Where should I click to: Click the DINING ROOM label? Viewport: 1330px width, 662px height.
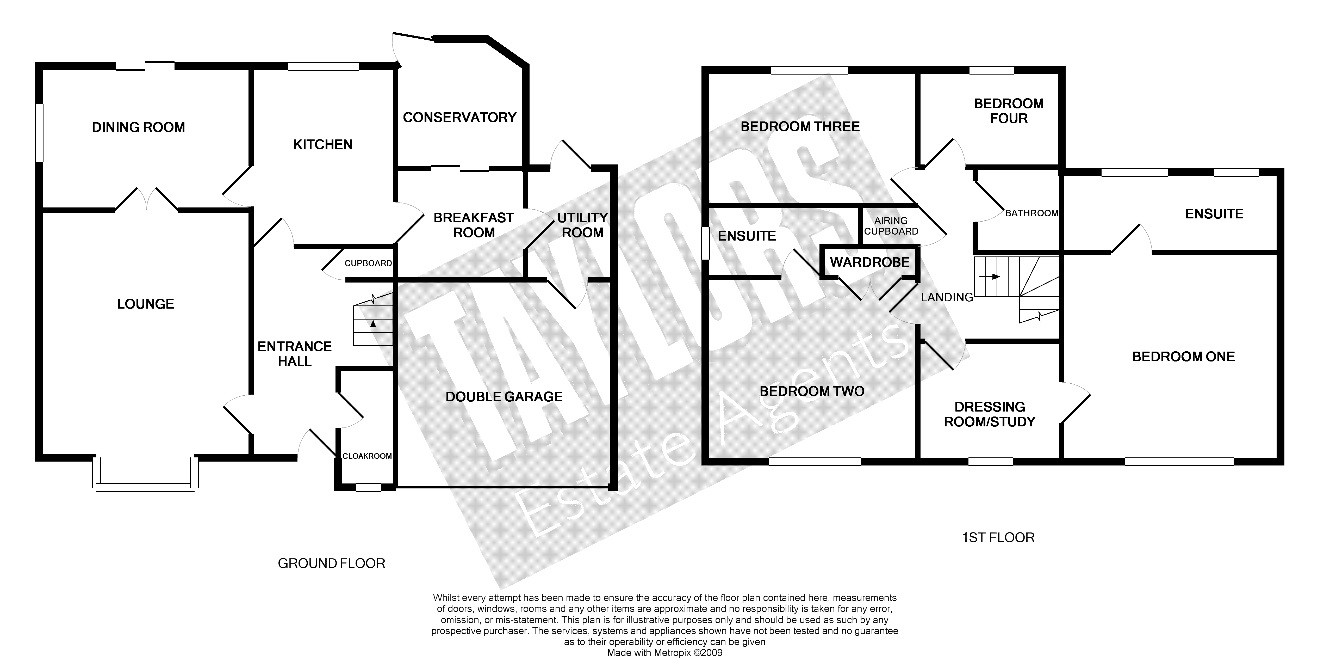[x=138, y=127]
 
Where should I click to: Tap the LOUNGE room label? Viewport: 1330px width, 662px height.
[x=146, y=304]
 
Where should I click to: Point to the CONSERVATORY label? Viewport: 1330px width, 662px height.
[x=459, y=117]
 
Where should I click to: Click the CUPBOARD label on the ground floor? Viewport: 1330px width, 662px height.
[x=368, y=263]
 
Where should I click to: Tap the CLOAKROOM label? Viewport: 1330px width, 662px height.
[x=367, y=456]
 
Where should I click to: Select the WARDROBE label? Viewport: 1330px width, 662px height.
[x=869, y=262]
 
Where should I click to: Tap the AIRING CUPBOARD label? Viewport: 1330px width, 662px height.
[x=891, y=226]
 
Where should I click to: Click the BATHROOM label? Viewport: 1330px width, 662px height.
[x=1031, y=213]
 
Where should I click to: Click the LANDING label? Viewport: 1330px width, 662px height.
[x=947, y=297]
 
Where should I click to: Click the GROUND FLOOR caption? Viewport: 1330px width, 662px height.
[x=332, y=563]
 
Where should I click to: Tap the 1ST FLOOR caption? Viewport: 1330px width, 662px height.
[x=998, y=537]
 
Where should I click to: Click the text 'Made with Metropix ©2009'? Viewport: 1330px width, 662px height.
[x=664, y=653]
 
